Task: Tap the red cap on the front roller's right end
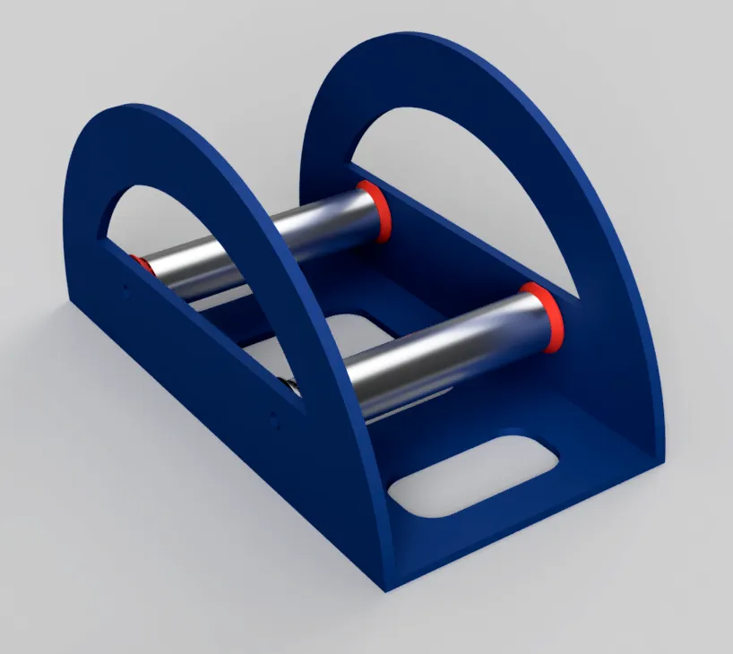543,318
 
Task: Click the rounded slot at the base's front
475,475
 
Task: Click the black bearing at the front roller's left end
290,385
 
